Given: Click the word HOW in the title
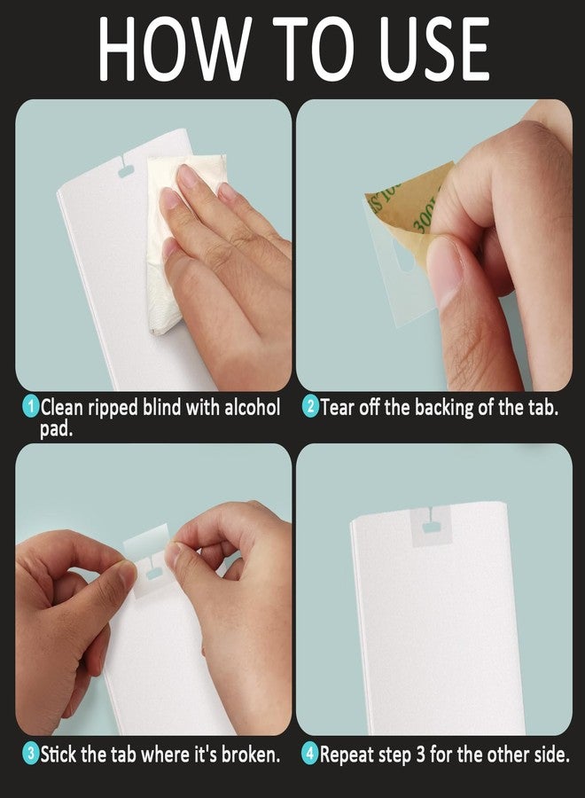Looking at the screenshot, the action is click(x=175, y=49).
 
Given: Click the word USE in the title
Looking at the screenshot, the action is click(x=436, y=49).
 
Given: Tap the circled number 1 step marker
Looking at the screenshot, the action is click(x=31, y=407).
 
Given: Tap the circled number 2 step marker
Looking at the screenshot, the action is click(x=310, y=407).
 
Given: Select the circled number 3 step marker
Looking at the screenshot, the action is click(x=31, y=753).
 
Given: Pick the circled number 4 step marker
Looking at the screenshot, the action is click(x=310, y=753).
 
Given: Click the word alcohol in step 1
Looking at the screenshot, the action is click(x=252, y=407).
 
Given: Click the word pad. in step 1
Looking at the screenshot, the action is click(x=57, y=430).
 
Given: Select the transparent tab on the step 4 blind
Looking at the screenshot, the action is click(x=432, y=527).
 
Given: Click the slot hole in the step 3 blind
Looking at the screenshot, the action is click(x=153, y=575).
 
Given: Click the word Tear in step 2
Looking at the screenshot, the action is click(x=338, y=408).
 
